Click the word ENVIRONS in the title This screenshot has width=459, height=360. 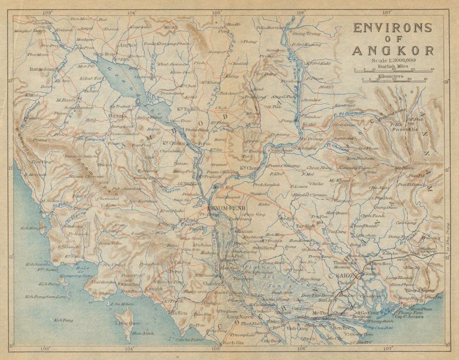click(392, 28)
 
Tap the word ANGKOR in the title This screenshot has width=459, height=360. click(392, 51)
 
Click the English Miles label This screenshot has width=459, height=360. click(392, 66)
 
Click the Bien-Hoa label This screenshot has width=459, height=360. click(381, 264)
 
